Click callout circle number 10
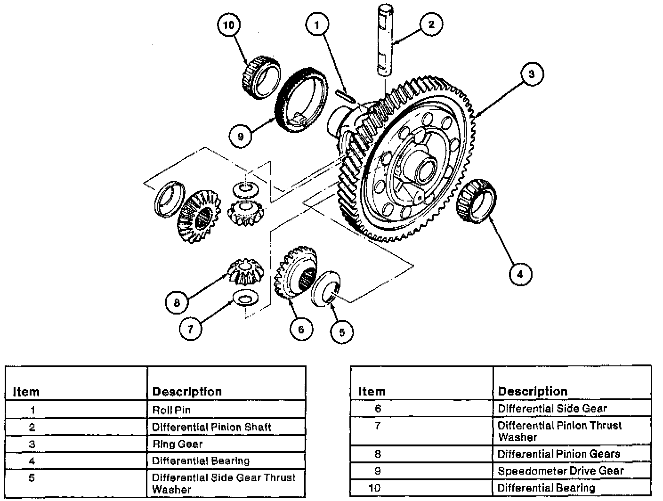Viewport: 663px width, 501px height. pyautogui.click(x=228, y=25)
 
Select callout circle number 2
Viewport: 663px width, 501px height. pyautogui.click(x=431, y=24)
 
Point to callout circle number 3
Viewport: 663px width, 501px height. pyautogui.click(x=532, y=74)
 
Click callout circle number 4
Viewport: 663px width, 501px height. pyautogui.click(x=520, y=274)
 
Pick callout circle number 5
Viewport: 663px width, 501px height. pyautogui.click(x=342, y=332)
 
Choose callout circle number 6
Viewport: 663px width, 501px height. pyautogui.click(x=301, y=329)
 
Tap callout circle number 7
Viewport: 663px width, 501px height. pyautogui.click(x=190, y=329)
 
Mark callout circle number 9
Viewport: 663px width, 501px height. pyautogui.click(x=241, y=136)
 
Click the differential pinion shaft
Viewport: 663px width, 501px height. pyautogui.click(x=385, y=40)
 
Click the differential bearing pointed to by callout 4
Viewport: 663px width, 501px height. pyautogui.click(x=477, y=201)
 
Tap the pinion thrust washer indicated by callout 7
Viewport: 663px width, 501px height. pyautogui.click(x=244, y=298)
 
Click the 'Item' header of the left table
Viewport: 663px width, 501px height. pyautogui.click(x=26, y=392)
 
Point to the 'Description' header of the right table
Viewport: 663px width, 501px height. pyautogui.click(x=533, y=391)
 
